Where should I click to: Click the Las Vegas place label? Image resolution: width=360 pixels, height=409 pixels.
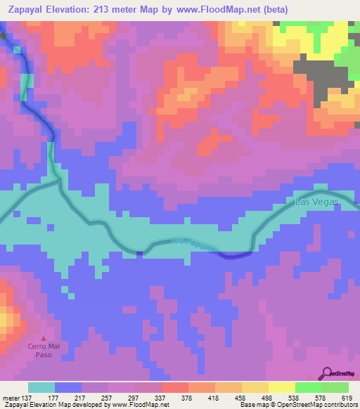click(317, 202)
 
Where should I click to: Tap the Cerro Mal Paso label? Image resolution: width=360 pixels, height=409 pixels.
click(44, 350)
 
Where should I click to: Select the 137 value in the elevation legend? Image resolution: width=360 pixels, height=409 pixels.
click(29, 396)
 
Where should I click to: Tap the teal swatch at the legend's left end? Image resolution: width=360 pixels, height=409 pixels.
click(41, 387)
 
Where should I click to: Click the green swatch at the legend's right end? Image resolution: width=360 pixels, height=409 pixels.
click(334, 387)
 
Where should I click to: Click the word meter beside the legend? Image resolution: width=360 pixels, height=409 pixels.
click(10, 396)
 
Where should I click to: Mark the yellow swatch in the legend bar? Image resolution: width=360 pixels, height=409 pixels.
click(281, 387)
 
